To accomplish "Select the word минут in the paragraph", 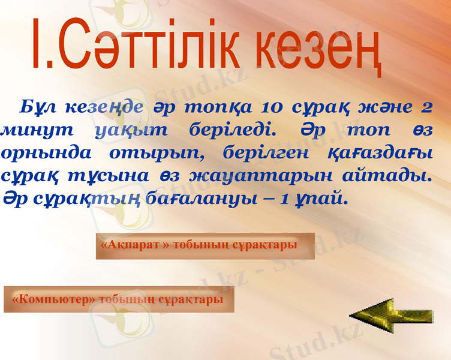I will [x=40, y=130].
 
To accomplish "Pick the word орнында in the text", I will [x=47, y=152].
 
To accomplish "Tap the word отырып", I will [x=157, y=152].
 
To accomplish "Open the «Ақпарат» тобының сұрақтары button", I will [x=205, y=246].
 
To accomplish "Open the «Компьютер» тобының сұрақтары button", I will [x=119, y=299].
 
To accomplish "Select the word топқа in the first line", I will [x=215, y=108].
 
